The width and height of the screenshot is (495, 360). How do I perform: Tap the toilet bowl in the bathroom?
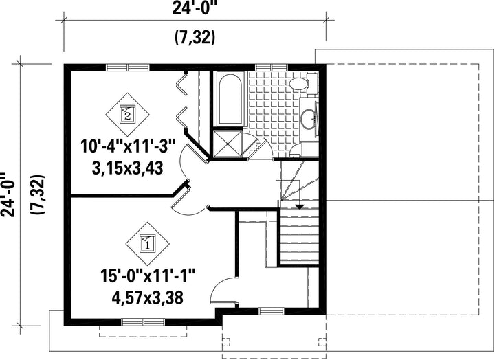[298, 84]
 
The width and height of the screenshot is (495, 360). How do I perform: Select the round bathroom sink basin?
[308, 119]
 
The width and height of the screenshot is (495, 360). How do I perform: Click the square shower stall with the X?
[228, 143]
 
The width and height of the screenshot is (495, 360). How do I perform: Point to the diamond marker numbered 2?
[127, 115]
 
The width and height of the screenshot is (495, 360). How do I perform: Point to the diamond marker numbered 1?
[147, 244]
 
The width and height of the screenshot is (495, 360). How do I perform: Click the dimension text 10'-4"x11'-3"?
[128, 147]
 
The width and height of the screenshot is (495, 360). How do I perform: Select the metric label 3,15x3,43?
[128, 168]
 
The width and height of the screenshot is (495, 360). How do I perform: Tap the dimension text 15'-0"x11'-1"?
[148, 276]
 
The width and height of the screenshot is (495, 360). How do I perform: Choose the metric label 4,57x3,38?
[147, 297]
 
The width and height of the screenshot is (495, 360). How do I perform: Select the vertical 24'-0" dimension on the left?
[8, 194]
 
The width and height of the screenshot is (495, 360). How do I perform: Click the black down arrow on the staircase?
[299, 207]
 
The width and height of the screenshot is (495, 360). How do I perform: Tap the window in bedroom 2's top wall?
[127, 67]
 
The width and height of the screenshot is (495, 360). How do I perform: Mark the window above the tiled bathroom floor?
[271, 67]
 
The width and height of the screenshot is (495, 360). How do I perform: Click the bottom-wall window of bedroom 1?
[143, 322]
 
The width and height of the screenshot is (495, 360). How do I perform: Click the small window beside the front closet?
[271, 311]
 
